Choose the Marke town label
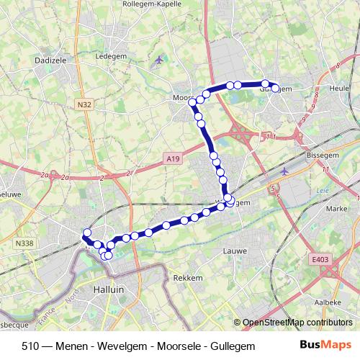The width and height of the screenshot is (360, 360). point(336,208)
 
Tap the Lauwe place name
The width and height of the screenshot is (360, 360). point(235,251)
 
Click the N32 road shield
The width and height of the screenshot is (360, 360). point(84,104)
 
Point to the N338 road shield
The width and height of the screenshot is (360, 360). point(23,244)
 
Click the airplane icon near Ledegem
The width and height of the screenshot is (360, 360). point(158,60)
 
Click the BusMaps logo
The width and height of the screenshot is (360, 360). point(325,346)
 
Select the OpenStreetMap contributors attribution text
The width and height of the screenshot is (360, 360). point(297,323)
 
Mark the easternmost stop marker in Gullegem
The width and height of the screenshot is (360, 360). point(275,89)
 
